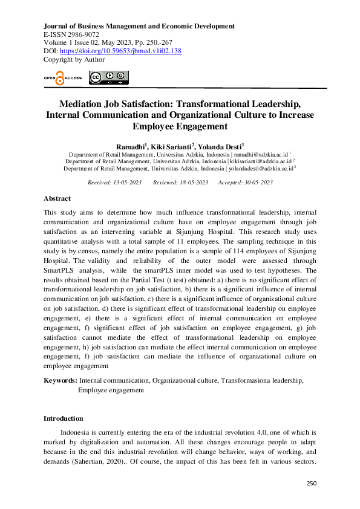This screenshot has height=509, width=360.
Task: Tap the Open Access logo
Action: tap(62, 77)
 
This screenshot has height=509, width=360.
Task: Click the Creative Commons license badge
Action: tap(109, 77)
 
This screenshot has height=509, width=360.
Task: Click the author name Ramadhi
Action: tap(132, 146)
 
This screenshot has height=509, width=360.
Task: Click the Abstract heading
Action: tap(57, 198)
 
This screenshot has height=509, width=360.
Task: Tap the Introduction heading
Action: tap(64, 418)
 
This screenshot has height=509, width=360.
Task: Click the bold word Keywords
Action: tap(61, 381)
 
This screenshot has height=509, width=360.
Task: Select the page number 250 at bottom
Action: tap(312, 484)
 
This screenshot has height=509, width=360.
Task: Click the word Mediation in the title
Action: tap(86, 104)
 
